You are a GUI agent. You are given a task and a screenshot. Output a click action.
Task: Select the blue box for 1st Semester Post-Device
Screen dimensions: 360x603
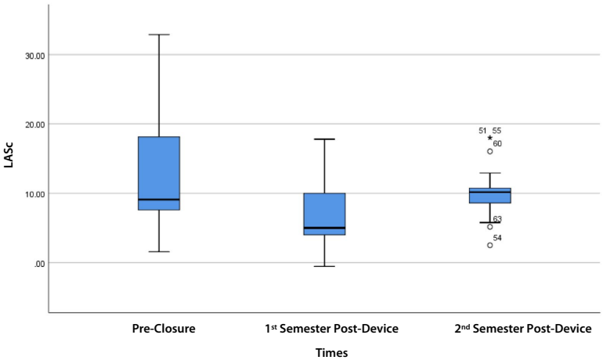click(x=325, y=214)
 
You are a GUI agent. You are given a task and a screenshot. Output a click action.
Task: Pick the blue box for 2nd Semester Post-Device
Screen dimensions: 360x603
click(x=490, y=196)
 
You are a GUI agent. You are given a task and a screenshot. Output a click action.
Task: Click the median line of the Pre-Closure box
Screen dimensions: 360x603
click(x=159, y=200)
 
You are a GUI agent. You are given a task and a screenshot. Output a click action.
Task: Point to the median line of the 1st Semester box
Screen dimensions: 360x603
click(x=325, y=228)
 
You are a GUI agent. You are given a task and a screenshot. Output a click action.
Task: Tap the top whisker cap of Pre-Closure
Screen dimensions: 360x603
click(x=159, y=34)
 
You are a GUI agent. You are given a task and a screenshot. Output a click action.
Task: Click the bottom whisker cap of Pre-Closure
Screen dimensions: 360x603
click(x=159, y=251)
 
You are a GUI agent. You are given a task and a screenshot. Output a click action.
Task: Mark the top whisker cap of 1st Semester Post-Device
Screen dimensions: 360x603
click(x=325, y=139)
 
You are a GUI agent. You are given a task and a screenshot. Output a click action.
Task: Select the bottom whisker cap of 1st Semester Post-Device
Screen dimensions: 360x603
click(x=325, y=266)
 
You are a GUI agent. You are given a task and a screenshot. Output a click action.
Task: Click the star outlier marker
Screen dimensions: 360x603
click(x=490, y=138)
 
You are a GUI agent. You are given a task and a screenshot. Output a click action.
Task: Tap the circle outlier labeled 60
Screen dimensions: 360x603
click(x=490, y=151)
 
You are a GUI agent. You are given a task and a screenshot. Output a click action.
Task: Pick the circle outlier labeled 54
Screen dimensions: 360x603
click(x=490, y=245)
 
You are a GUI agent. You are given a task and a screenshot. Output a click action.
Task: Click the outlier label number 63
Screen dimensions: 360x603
click(x=497, y=219)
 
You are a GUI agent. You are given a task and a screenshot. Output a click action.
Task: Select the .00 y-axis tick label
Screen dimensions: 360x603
click(x=38, y=262)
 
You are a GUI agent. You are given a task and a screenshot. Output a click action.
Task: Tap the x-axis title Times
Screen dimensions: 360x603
click(x=331, y=353)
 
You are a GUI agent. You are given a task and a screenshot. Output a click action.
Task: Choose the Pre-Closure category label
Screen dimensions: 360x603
click(x=163, y=329)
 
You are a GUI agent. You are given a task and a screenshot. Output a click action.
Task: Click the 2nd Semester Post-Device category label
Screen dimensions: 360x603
click(x=523, y=329)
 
